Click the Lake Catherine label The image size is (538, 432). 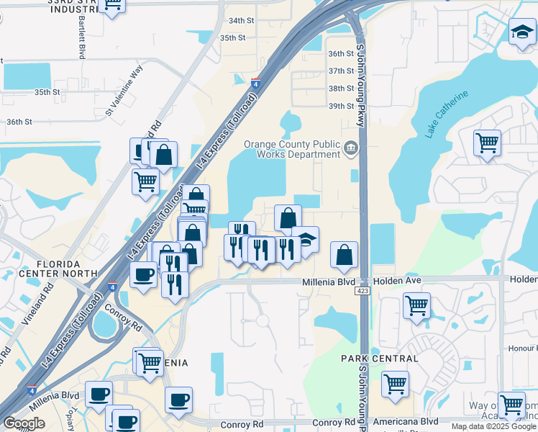point(446,114)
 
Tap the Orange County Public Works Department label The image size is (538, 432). point(291,149)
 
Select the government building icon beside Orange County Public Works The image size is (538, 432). point(350,148)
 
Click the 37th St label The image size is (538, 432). point(341,71)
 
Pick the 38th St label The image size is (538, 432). point(341,89)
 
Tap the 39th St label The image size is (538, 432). point(341,106)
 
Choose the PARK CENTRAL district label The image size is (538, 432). point(379,359)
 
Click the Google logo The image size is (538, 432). point(24,423)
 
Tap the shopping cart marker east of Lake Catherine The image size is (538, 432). point(488,143)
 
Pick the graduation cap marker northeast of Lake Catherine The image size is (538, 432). point(523,32)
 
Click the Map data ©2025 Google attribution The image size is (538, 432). point(493,427)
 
